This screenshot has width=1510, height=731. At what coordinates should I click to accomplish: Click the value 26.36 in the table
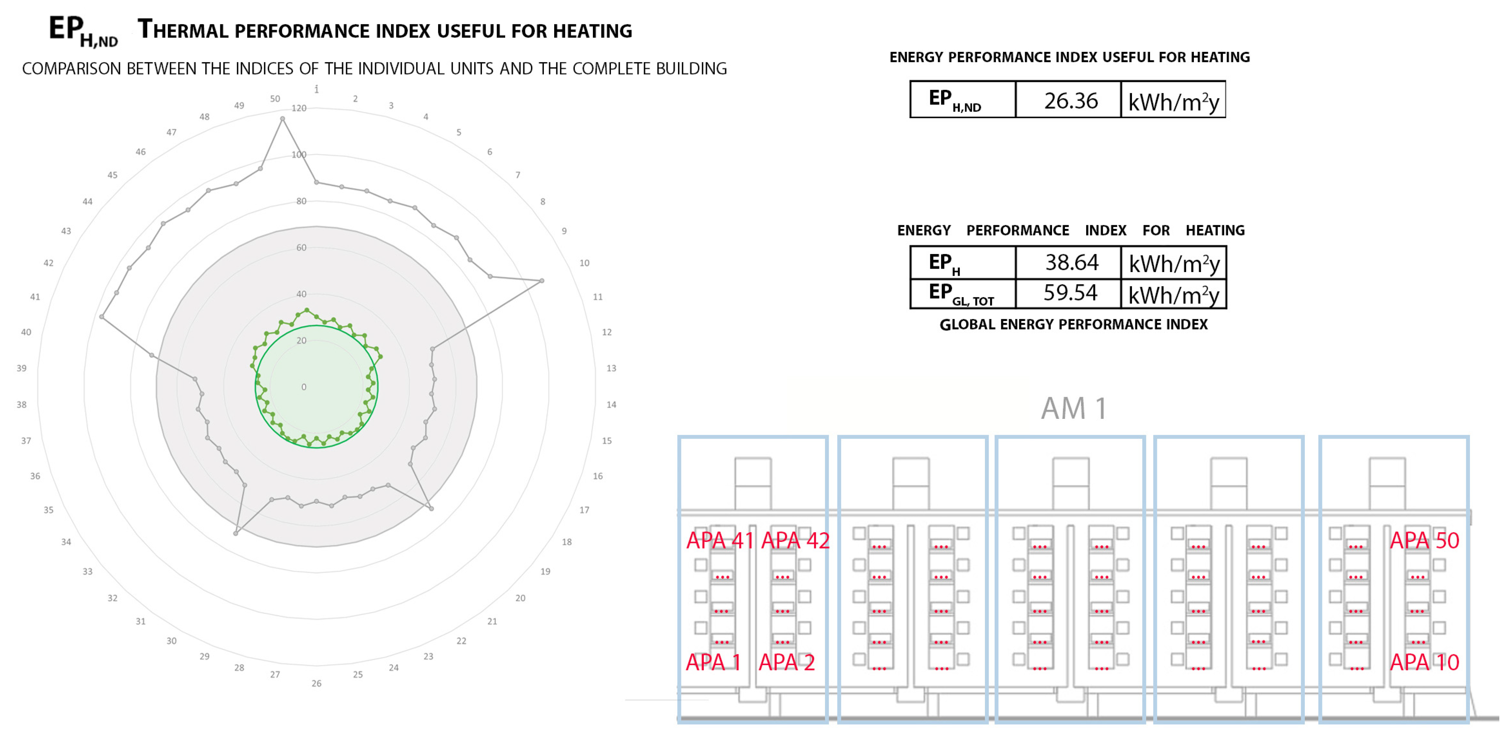coord(1070,101)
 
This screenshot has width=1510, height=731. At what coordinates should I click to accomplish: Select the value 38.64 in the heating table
coord(1072,262)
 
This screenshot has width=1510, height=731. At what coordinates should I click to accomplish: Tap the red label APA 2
coord(787,663)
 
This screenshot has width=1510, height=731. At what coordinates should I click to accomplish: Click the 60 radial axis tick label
coord(301,248)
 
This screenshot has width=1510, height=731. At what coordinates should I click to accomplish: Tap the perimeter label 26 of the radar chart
coord(317,684)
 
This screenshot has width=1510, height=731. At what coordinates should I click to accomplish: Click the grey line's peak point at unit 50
coord(283,119)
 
